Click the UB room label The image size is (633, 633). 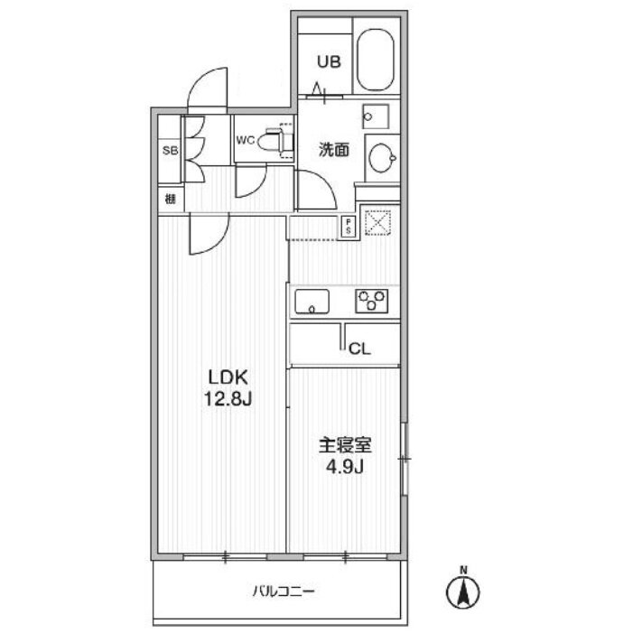coord(329,62)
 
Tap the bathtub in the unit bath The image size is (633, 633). coord(376,60)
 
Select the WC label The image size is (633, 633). coord(246,140)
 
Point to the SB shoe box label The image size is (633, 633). coord(170,151)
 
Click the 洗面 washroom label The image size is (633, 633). coord(334,150)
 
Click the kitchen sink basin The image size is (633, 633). coord(312,302)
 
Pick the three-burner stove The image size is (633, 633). coord(371,302)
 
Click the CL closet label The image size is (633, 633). coord(359,349)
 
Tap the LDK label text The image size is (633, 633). coord(228,377)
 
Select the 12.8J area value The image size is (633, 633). coord(228,399)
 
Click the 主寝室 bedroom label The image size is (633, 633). coord(345,445)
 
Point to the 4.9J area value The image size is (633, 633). coord(345,467)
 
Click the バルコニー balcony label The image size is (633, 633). coord(284,591)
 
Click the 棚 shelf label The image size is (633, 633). coord(171,199)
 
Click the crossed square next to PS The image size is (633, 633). coord(377,222)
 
